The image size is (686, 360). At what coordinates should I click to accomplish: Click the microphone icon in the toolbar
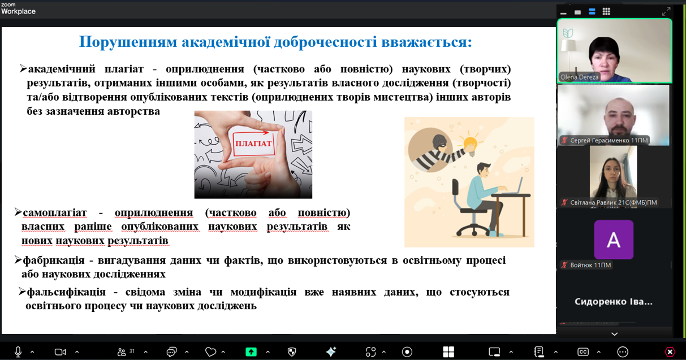coord(18,352)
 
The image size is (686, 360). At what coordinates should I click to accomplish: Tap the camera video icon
coord(60,352)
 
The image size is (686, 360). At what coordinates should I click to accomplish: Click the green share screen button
coord(251,352)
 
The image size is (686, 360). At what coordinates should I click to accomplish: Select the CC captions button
coord(583,352)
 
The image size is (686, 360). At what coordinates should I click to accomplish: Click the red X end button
coord(670,352)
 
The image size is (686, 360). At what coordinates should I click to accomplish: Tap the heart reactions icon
coord(210,352)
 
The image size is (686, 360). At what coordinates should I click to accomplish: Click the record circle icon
coord(407,352)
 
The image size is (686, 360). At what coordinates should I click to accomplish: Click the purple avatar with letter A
coord(614,240)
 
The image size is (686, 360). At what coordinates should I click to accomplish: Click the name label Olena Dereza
coord(579,77)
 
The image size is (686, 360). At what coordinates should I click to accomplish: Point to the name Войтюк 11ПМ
coord(590,265)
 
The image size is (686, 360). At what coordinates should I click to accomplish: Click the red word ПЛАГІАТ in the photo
coord(253,144)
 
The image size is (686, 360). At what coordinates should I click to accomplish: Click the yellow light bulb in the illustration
coord(471,144)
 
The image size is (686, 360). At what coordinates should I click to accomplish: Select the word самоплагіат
coord(55,212)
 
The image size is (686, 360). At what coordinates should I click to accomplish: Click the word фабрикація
coord(54,260)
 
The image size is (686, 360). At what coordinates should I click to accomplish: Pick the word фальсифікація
coord(66,292)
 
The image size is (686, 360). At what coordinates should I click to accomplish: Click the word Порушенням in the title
coord(128,42)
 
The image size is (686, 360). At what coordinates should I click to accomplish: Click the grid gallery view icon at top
coord(606,12)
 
